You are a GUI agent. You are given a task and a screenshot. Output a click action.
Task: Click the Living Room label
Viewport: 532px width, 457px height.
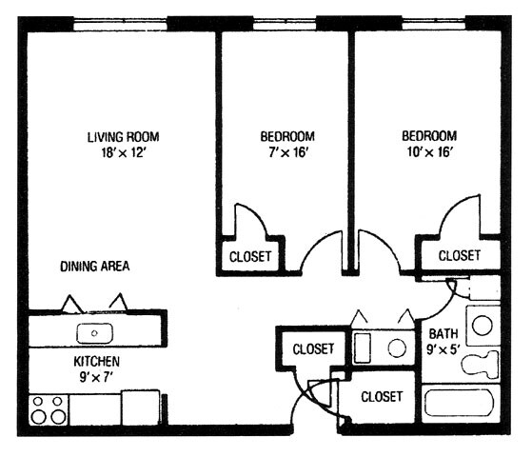pos(124,137)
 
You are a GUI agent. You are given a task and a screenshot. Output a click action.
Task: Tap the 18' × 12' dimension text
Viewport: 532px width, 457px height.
pos(124,152)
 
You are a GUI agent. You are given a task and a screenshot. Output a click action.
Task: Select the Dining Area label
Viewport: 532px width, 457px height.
pos(95,267)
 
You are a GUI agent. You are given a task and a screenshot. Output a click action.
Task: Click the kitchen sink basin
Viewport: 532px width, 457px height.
pos(94,333)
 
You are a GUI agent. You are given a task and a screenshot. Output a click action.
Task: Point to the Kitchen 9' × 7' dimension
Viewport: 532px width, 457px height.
pos(96,377)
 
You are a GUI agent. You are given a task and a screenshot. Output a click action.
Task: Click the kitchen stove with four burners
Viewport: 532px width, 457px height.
pos(49,409)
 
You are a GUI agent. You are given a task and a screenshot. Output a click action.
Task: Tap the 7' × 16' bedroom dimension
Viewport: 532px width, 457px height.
pos(288,152)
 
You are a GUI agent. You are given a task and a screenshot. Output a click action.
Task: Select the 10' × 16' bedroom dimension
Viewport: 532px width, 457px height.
pos(430,151)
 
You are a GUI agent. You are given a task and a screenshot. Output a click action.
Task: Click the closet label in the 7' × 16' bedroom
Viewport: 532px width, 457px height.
pos(250,257)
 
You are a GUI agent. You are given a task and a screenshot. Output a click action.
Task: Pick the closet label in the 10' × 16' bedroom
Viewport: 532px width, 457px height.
pos(460,255)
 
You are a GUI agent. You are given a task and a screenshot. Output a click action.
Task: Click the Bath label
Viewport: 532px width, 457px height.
pos(443,334)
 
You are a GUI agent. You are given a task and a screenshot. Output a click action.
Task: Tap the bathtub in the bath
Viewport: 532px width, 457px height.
pos(460,403)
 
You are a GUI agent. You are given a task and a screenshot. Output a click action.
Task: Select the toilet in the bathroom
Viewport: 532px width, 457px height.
pos(480,365)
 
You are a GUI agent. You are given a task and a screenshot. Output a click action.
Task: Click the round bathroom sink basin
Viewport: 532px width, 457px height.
pos(483,325)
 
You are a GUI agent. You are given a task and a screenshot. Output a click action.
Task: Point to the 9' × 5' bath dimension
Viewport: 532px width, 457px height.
pos(443,349)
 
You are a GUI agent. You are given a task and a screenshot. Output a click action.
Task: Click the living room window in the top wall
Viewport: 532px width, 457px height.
pos(121,25)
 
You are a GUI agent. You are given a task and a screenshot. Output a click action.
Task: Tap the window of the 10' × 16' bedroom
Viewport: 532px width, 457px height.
pos(435,24)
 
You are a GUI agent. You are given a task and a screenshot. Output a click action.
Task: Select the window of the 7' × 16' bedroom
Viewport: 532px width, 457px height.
pos(285,24)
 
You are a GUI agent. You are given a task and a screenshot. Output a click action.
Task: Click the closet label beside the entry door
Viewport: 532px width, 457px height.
pos(382,397)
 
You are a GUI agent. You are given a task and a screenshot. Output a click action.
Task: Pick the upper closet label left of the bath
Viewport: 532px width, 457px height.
pos(313,349)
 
